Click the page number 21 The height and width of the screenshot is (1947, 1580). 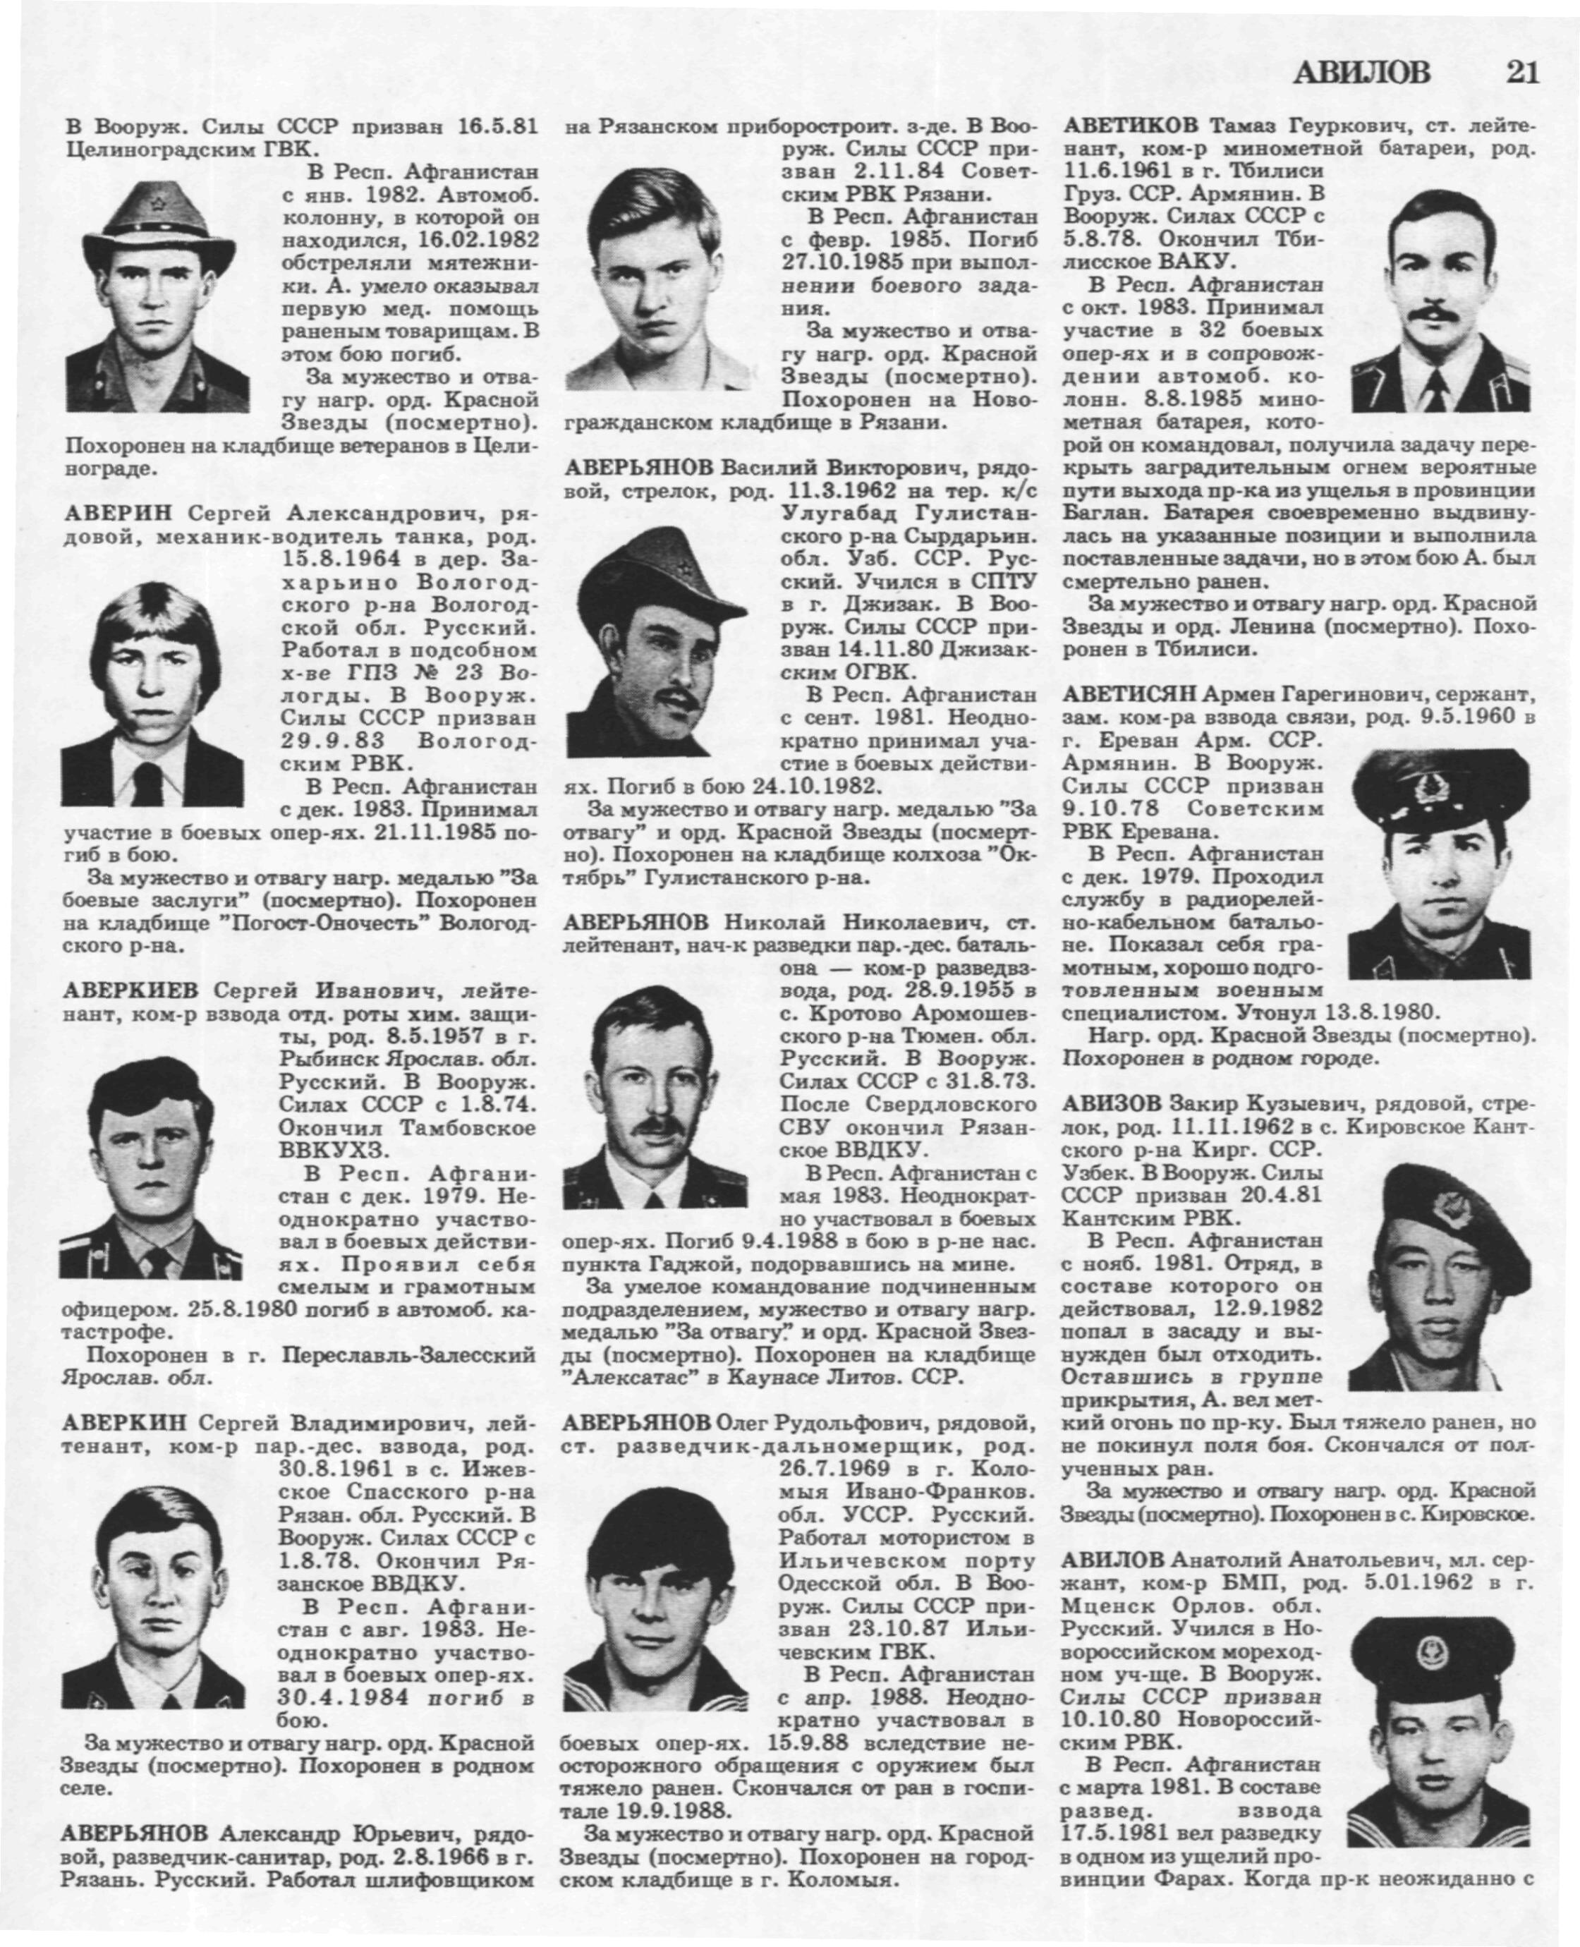(x=1521, y=72)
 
